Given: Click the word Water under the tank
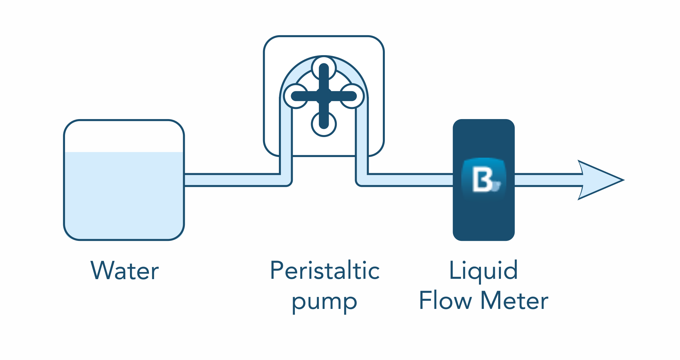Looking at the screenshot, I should coord(125,271).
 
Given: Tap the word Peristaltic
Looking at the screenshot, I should coord(325,271).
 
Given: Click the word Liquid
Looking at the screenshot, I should coord(483,271).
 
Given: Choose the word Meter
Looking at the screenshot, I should coord(514,300).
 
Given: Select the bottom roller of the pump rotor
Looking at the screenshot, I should coord(324,124).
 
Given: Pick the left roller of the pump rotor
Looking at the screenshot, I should coord(296,96).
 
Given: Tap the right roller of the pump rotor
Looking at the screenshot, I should coord(352,96).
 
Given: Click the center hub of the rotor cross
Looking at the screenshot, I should coord(324,96).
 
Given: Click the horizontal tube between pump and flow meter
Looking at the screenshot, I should coord(410,180).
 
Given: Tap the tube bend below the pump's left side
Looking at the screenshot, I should coord(286,179).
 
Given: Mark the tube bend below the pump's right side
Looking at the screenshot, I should coord(362,179).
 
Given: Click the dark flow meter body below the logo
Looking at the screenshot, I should coord(484,220).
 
